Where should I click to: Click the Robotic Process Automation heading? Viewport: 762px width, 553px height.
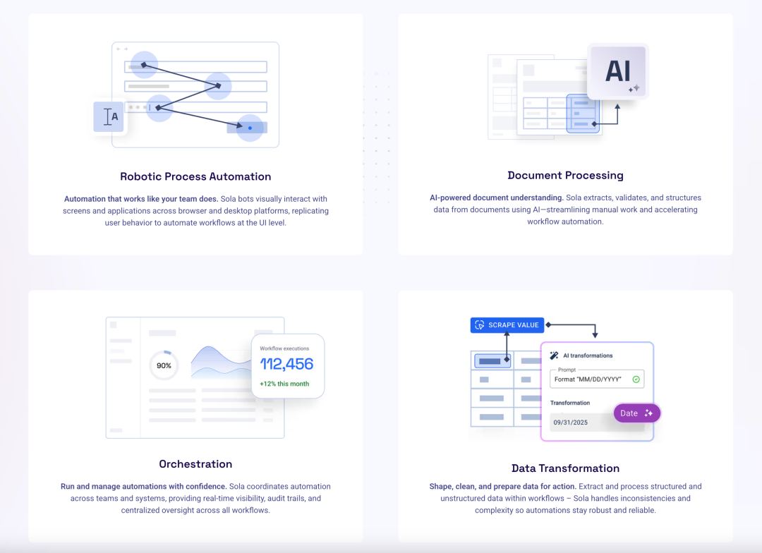[195, 176]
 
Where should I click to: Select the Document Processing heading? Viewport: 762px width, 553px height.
[565, 175]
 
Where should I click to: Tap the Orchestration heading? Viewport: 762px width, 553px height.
[195, 463]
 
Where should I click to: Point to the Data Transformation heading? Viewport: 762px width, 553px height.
[565, 468]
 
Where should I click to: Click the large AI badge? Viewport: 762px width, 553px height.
[617, 71]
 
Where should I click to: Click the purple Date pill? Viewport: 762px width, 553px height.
[636, 413]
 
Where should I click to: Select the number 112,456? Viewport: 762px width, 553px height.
[286, 364]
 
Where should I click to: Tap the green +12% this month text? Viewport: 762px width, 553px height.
[284, 384]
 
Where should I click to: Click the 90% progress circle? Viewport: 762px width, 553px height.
[164, 365]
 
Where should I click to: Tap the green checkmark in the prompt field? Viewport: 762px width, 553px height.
[636, 379]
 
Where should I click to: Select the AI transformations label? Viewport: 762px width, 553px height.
[588, 355]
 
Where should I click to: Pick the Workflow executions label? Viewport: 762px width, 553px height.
[284, 348]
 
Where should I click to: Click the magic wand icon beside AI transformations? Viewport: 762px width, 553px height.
[554, 355]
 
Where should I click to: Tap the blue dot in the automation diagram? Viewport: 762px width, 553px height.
[250, 128]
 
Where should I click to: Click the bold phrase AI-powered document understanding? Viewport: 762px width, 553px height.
[497, 197]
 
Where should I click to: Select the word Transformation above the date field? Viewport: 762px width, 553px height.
[570, 403]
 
